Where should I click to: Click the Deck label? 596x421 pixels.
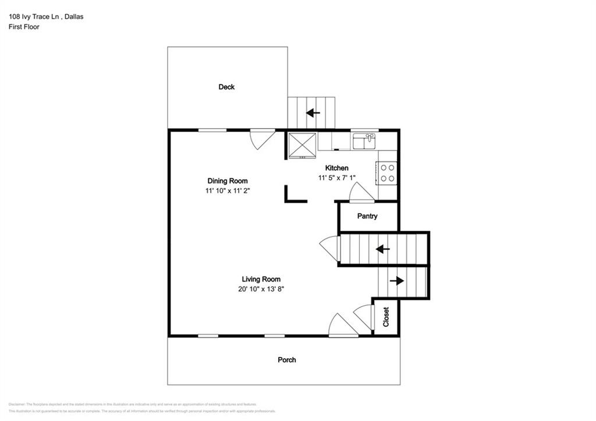(x=226, y=87)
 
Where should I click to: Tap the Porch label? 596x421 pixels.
(x=286, y=360)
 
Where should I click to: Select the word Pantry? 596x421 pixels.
(x=367, y=216)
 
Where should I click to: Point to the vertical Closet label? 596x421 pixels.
(x=386, y=317)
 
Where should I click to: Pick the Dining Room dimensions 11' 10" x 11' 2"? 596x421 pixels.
(x=228, y=190)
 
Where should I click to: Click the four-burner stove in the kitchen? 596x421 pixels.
(x=387, y=173)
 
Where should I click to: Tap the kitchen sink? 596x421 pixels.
(x=364, y=141)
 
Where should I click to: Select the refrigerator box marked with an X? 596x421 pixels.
(x=302, y=144)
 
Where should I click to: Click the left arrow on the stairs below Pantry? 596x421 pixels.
(x=382, y=249)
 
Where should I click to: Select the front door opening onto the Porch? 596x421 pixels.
(x=343, y=326)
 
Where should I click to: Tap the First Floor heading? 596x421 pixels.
(x=24, y=27)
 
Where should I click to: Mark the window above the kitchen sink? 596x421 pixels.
(x=365, y=130)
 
